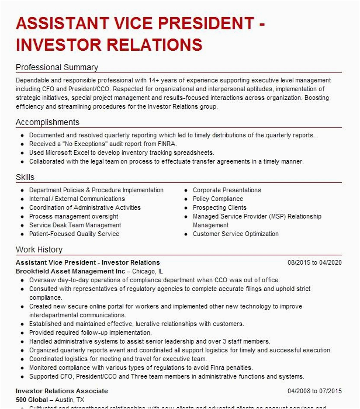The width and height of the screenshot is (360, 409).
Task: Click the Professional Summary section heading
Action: click(x=57, y=67)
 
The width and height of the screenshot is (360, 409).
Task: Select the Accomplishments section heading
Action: click(x=47, y=122)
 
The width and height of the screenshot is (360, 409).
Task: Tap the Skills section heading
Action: click(x=25, y=177)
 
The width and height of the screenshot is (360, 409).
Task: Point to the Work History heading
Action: click(x=39, y=250)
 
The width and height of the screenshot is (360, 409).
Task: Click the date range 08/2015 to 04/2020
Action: click(x=314, y=263)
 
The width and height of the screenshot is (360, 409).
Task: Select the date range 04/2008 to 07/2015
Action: click(x=314, y=391)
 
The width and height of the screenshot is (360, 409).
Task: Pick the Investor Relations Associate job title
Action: click(x=62, y=391)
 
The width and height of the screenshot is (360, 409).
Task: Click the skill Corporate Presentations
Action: click(x=227, y=190)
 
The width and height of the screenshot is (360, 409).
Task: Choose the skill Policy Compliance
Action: click(x=217, y=199)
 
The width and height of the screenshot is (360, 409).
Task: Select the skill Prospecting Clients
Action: click(x=220, y=207)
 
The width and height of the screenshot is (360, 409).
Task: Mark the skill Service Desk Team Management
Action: click(x=75, y=225)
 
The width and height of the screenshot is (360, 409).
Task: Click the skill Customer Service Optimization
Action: click(x=236, y=234)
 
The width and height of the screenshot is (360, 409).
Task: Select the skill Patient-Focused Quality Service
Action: click(x=74, y=234)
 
